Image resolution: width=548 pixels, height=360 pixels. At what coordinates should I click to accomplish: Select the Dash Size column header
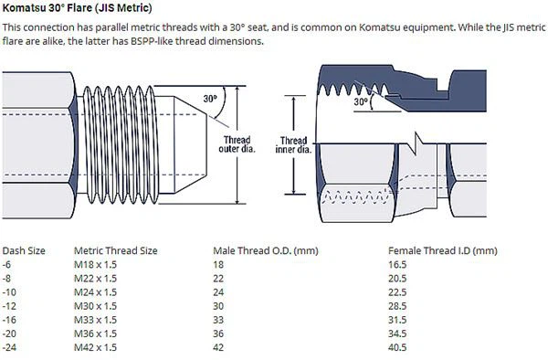coord(26,249)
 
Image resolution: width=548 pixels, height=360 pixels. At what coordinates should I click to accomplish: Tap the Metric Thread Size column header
coord(117,249)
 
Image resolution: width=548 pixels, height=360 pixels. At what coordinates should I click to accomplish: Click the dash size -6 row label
coord(9,263)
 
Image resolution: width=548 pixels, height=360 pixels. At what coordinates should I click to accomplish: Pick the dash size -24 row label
coord(11,347)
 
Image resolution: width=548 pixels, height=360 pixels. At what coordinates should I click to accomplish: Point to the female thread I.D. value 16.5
coord(397,263)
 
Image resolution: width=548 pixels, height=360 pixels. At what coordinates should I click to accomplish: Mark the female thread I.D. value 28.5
coord(397,305)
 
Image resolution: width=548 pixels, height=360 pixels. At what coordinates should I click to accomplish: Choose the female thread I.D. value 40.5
coord(397,347)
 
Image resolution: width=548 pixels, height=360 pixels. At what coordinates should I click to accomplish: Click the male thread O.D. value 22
coord(218,277)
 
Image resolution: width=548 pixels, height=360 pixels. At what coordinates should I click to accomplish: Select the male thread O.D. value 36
coord(218,334)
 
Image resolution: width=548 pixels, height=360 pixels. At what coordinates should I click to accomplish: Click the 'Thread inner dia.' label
coord(294,146)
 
